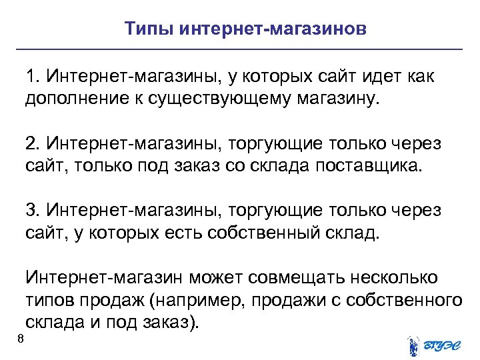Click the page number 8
click(21, 341)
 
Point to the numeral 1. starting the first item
click(33, 77)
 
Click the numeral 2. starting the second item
click(33, 144)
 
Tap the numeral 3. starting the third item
click(33, 211)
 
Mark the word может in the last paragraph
click(210, 277)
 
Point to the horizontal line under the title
click(240, 49)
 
